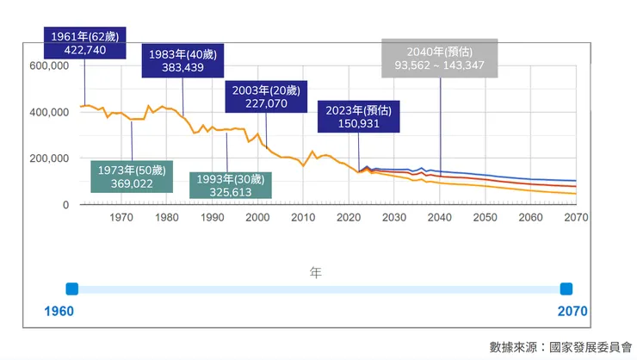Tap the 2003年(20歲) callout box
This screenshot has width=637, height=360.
click(x=266, y=96)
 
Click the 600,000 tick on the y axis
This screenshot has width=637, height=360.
click(x=48, y=65)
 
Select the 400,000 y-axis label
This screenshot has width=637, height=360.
click(x=48, y=112)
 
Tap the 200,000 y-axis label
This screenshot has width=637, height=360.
click(x=48, y=158)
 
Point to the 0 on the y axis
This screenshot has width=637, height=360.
click(x=65, y=205)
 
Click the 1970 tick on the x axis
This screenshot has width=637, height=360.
click(x=121, y=218)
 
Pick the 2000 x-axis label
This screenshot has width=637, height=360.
click(x=257, y=218)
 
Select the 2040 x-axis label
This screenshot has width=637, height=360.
click(x=439, y=218)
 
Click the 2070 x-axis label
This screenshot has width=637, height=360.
click(x=575, y=218)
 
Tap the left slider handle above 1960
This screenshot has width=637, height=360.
click(x=72, y=289)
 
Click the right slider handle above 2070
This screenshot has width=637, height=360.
click(x=566, y=289)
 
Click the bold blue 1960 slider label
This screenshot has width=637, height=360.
click(x=59, y=310)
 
